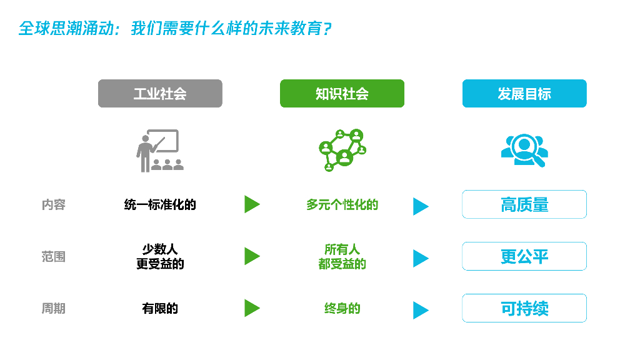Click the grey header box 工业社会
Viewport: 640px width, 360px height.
(160, 94)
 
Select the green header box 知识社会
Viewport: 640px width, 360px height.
(342, 94)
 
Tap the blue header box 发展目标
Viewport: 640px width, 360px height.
(524, 94)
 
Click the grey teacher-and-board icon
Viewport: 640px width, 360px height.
(159, 150)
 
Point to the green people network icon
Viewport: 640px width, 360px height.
(341, 150)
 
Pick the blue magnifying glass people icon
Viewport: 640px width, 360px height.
(524, 150)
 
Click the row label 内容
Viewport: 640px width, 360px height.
(54, 205)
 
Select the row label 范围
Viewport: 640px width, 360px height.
(54, 257)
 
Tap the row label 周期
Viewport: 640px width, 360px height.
(54, 309)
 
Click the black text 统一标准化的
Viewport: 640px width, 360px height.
(160, 205)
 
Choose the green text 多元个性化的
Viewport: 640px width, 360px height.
(342, 205)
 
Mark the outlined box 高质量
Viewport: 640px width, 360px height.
(524, 204)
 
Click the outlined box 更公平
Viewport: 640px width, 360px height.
(524, 256)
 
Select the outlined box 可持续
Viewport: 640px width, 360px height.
(524, 308)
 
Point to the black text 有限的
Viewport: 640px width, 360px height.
(160, 309)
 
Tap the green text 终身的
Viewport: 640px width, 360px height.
(342, 309)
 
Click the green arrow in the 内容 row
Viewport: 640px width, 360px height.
(251, 204)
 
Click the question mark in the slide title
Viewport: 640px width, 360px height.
(326, 29)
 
